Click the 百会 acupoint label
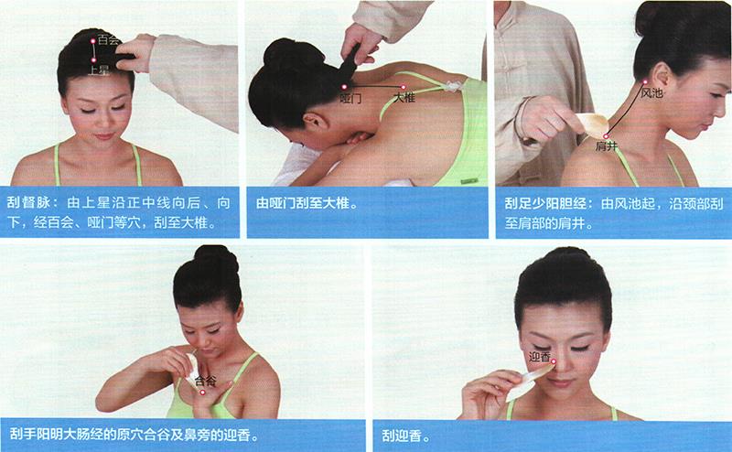point(109,39)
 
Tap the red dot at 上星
point(94,59)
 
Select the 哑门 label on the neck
point(350,98)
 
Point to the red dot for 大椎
point(404,87)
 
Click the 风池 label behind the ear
point(651,92)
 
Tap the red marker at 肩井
point(606,136)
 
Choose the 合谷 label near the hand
point(205,381)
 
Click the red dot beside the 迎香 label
point(554,361)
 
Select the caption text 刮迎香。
point(405,436)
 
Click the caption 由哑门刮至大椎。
point(307,203)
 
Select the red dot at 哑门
point(344,87)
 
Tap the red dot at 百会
point(93,41)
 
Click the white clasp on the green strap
point(451,86)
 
